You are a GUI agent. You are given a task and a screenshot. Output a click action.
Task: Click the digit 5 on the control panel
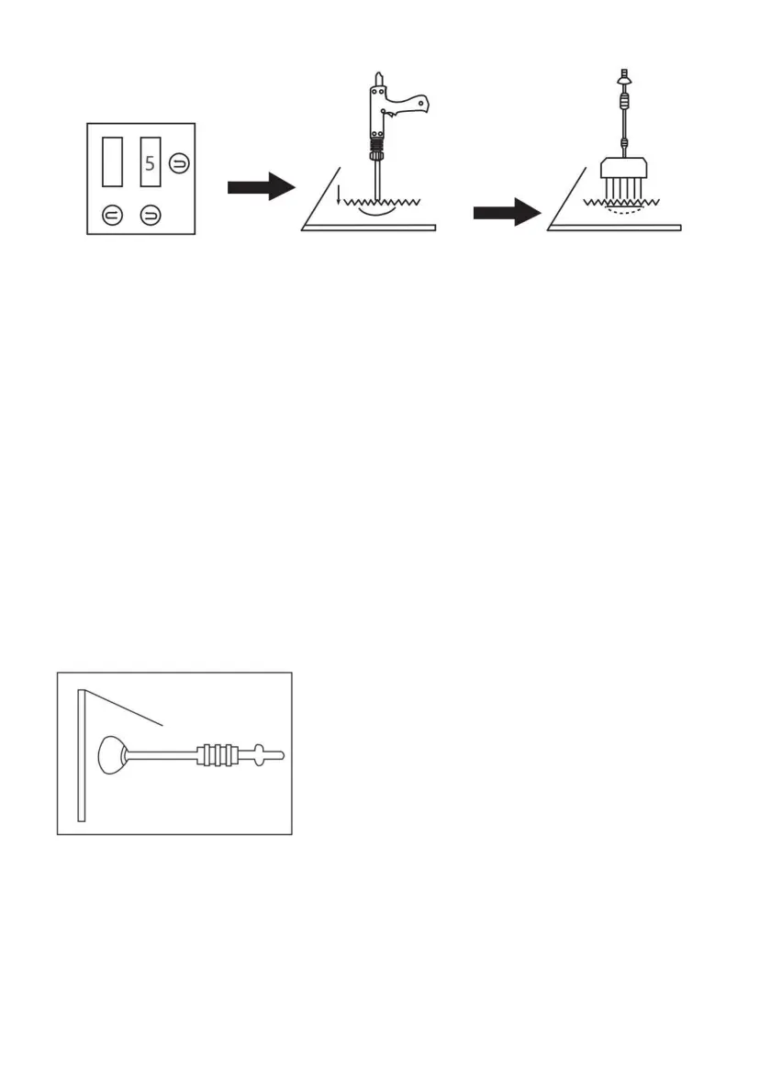tap(150, 166)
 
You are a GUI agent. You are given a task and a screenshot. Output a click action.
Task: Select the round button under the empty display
tap(110, 216)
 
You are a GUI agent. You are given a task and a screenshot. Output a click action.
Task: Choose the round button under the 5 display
tap(150, 216)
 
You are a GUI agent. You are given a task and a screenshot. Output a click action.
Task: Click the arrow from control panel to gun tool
tap(260, 188)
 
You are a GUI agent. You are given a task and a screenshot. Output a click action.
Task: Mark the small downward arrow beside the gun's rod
tap(338, 194)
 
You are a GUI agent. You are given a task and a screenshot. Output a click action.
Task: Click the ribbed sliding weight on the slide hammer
tap(218, 755)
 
